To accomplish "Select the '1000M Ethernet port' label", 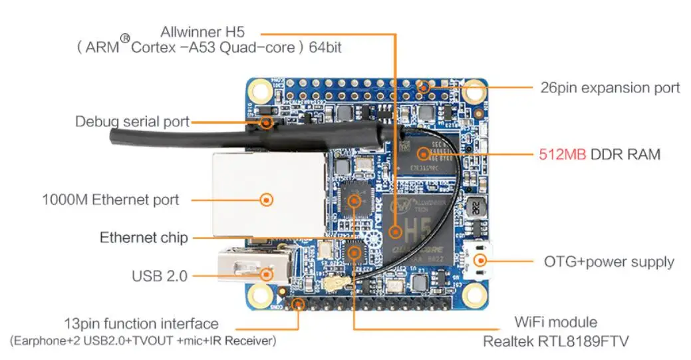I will click(110, 199).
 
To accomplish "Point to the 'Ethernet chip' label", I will click(144, 238).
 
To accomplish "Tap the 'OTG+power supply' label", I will click(609, 262).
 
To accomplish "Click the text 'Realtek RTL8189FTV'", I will click(555, 341).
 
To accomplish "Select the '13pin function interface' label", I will click(141, 324).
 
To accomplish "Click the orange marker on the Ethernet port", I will click(267, 199).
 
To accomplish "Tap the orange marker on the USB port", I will click(267, 273).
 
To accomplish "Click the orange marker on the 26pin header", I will click(425, 87).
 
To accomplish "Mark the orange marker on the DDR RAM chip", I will click(422, 154).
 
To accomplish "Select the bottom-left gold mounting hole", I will click(259, 293).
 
